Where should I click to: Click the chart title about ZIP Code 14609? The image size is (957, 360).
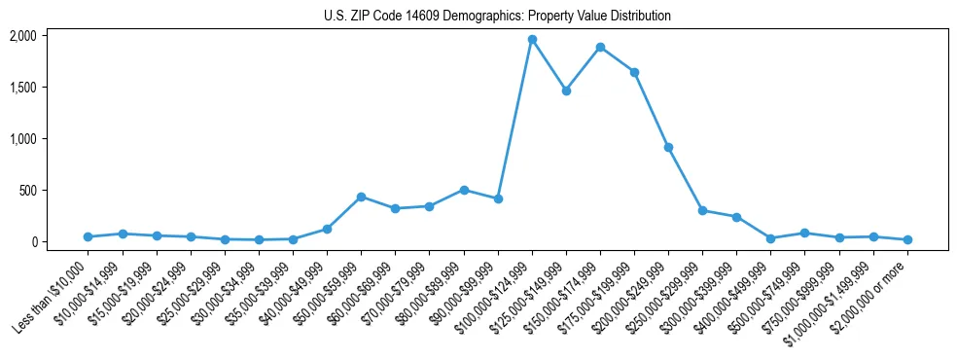[x=497, y=17]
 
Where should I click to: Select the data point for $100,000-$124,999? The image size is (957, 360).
[x=532, y=40]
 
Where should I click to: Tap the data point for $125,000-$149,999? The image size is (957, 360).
[x=566, y=90]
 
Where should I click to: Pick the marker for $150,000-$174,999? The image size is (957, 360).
[x=600, y=47]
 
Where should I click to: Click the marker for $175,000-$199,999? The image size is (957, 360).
[x=634, y=72]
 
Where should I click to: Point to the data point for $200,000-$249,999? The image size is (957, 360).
[x=668, y=147]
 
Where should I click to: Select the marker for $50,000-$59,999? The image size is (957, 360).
[x=361, y=197]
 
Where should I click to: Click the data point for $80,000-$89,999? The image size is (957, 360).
[x=464, y=190]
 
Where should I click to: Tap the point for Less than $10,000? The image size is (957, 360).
[x=88, y=236]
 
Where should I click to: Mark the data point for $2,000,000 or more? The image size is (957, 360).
[x=907, y=239]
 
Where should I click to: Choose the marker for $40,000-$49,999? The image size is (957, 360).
[x=327, y=229]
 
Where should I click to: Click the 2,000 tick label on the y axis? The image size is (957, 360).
[x=22, y=36]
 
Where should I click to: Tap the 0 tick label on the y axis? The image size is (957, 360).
[x=32, y=241]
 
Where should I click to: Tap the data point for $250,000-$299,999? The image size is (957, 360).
[x=702, y=210]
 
